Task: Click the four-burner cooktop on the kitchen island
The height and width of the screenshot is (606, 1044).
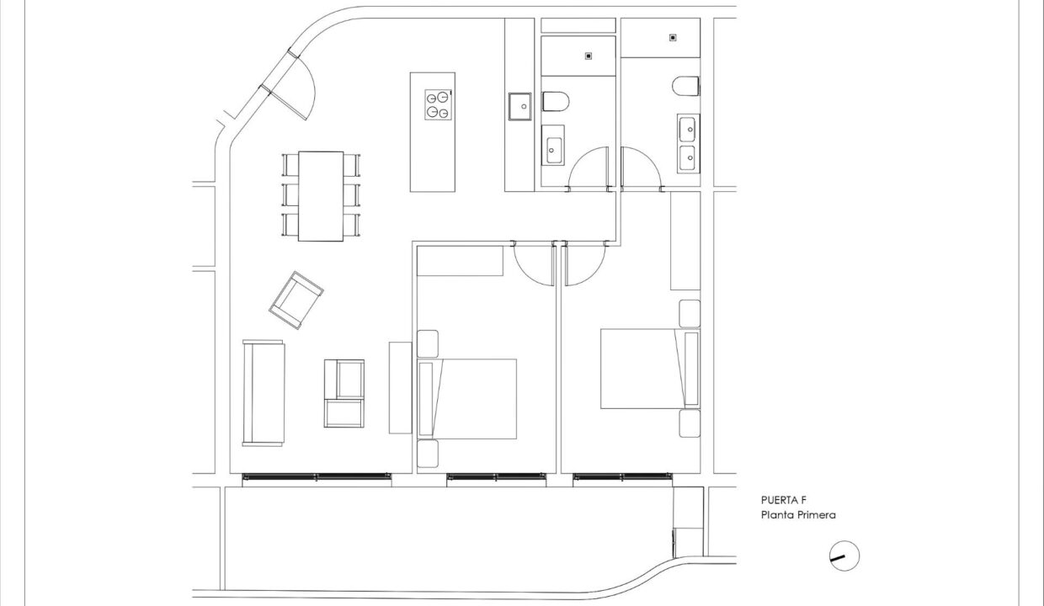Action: pyautogui.click(x=438, y=105)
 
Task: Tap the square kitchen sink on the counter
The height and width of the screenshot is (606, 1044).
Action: pyautogui.click(x=519, y=106)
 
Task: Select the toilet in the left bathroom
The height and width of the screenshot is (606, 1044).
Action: pyautogui.click(x=556, y=101)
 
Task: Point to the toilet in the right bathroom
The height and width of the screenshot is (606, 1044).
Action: pyautogui.click(x=686, y=86)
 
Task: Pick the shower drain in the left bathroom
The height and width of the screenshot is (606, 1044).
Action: pyautogui.click(x=589, y=56)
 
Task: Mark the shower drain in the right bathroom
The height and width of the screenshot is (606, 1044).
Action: pyautogui.click(x=673, y=38)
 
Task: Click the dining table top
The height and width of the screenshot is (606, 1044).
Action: pyautogui.click(x=321, y=196)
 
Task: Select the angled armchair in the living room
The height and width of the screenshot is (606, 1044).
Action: pyautogui.click(x=296, y=300)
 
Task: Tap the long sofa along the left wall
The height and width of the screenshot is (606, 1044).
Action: pyautogui.click(x=264, y=393)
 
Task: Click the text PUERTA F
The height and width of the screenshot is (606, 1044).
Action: pyautogui.click(x=784, y=500)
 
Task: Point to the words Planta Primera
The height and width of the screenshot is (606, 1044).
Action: pyautogui.click(x=798, y=515)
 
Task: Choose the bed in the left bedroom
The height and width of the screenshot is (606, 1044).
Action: pyautogui.click(x=467, y=399)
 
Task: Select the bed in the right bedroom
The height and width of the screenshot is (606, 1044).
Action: pyautogui.click(x=650, y=369)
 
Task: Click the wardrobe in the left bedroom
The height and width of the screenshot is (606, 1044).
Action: pyautogui.click(x=460, y=261)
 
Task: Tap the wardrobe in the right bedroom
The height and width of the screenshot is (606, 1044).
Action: pyautogui.click(x=685, y=241)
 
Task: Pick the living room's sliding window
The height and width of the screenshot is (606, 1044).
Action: pyautogui.click(x=317, y=477)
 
